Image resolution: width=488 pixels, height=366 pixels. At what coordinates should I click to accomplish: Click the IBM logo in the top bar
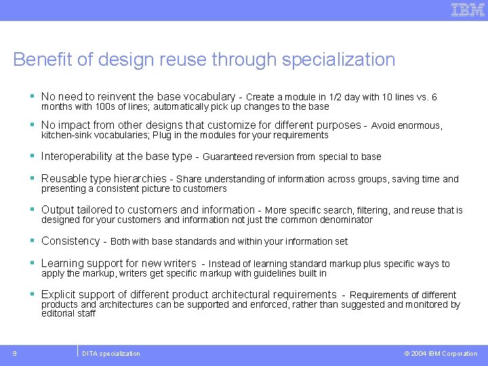click(x=468, y=9)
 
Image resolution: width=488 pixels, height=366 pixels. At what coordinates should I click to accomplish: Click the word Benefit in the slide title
click(x=42, y=60)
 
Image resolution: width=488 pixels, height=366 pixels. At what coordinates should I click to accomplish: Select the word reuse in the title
click(x=183, y=60)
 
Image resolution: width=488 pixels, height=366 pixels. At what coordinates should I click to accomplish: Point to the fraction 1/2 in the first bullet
click(x=337, y=98)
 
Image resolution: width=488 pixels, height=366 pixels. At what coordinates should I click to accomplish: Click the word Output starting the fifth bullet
click(x=58, y=210)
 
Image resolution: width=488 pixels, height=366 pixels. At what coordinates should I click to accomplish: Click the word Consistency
click(x=70, y=241)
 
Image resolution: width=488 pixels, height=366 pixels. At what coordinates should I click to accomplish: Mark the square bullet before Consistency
click(x=33, y=241)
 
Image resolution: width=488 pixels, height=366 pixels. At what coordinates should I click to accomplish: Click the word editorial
click(x=58, y=313)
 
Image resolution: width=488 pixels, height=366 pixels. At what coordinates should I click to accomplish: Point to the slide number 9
click(x=14, y=353)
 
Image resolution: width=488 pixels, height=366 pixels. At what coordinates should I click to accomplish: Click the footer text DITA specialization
click(x=111, y=353)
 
